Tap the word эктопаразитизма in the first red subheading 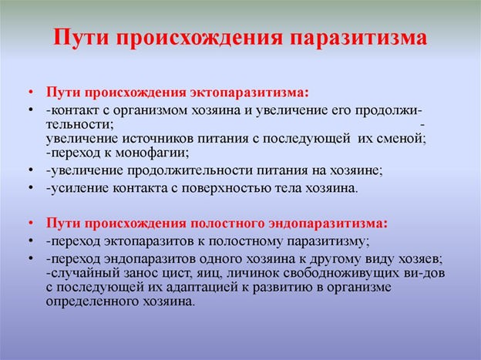pos(249,93)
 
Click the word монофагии pos(151,153)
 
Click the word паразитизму pos(326,241)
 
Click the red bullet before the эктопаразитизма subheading pos(30,93)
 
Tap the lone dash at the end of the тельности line pos(422,125)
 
